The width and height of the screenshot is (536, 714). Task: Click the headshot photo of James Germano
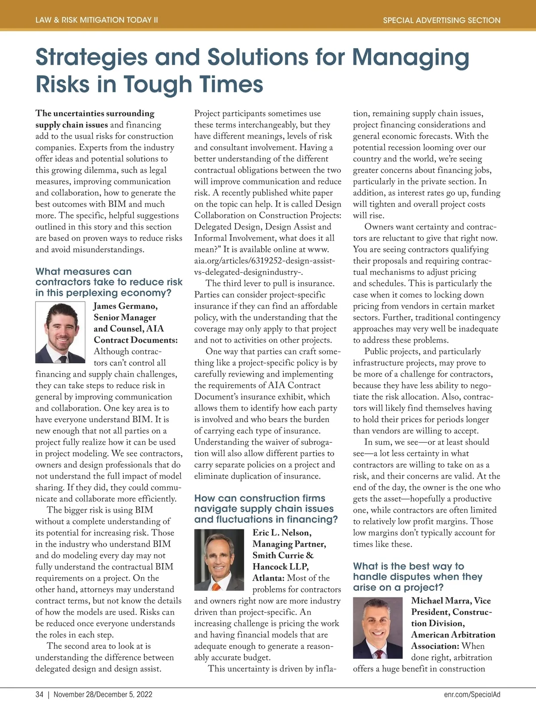pyautogui.click(x=60, y=332)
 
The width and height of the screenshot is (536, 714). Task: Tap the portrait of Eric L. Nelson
pyautogui.click(x=219, y=560)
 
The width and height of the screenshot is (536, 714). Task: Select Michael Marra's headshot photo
pyautogui.click(x=377, y=628)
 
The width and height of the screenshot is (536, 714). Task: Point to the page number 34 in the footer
pyautogui.click(x=39, y=694)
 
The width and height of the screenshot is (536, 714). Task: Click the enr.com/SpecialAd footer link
pyautogui.click(x=472, y=694)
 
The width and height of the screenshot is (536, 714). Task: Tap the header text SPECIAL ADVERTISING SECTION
pyautogui.click(x=441, y=20)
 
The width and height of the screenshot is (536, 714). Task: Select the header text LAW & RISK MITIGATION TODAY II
pyautogui.click(x=96, y=20)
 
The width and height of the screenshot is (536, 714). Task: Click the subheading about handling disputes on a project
pyautogui.click(x=409, y=577)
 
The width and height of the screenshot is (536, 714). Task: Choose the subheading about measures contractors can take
pyautogui.click(x=109, y=282)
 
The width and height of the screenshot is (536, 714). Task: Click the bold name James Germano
pyautogui.click(x=125, y=306)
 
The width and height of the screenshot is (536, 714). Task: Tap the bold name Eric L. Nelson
pyautogui.click(x=282, y=533)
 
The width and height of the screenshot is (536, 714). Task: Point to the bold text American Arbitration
pyautogui.click(x=453, y=635)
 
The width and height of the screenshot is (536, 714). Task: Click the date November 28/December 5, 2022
pyautogui.click(x=103, y=694)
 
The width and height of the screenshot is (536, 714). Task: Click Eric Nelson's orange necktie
pyautogui.click(x=216, y=585)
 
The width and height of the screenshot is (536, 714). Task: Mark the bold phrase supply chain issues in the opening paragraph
pyautogui.click(x=71, y=125)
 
